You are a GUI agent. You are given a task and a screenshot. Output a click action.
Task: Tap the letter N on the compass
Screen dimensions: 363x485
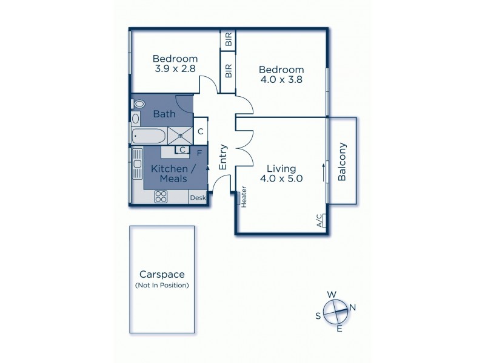pos(352,308)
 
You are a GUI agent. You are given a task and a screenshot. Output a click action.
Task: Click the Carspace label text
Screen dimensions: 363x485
pos(161,273)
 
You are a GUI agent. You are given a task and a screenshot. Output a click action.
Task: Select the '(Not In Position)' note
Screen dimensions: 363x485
pos(161,284)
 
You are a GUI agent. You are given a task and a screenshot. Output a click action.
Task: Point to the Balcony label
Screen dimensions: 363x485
pos(342,162)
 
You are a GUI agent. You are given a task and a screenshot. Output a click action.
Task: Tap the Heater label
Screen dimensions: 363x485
pos(244,197)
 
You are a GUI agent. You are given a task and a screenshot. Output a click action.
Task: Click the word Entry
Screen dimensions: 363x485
pos(223,155)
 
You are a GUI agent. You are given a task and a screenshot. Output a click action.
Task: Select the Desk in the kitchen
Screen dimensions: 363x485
pos(198,198)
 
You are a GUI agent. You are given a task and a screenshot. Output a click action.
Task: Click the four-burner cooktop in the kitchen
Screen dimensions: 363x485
pos(162,196)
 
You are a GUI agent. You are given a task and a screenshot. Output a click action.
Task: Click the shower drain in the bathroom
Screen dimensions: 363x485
pos(179,136)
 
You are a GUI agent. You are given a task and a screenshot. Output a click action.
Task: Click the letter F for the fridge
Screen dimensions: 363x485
pos(199,152)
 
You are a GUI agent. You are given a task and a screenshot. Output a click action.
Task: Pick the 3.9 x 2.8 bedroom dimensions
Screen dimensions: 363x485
pos(175,70)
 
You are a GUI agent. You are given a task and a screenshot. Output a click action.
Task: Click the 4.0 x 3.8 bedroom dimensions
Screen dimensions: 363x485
pos(281,79)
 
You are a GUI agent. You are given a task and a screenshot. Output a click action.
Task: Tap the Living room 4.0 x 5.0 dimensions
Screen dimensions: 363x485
pos(281,178)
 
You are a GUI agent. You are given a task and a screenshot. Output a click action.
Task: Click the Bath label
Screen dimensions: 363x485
pos(164,114)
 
